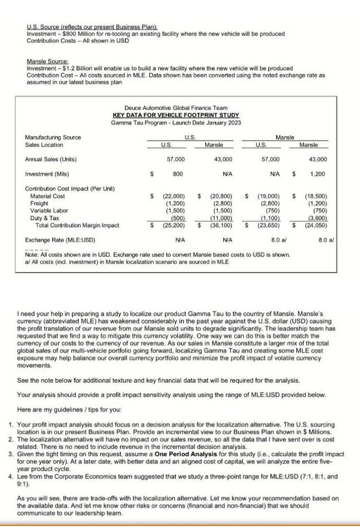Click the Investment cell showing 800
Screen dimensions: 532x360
(x=177, y=173)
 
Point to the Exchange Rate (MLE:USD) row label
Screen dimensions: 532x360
(x=60, y=240)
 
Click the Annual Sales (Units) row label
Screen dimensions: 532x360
(x=51, y=159)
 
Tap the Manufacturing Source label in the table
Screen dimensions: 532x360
(x=53, y=137)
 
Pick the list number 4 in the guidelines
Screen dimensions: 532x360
(x=12, y=477)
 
